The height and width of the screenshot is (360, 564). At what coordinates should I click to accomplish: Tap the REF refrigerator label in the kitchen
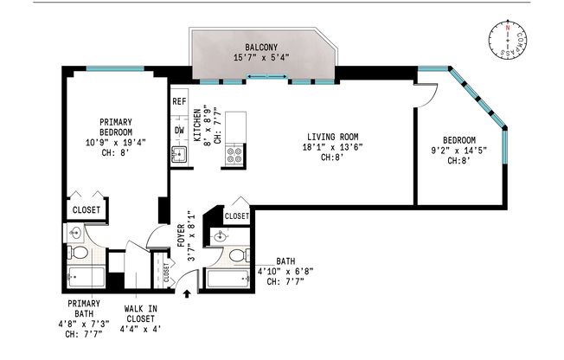click(179, 101)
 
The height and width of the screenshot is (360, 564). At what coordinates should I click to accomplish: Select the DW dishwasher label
click(179, 131)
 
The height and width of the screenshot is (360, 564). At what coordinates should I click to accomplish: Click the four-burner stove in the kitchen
click(234, 156)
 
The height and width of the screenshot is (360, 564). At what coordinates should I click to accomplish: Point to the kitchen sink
click(179, 156)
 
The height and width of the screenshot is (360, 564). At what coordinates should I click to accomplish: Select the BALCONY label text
click(261, 47)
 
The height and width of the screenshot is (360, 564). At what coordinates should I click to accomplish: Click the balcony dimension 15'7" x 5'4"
click(261, 58)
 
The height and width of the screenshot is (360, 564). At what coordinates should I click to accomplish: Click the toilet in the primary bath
click(78, 254)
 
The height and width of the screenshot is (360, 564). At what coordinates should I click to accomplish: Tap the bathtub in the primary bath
click(87, 279)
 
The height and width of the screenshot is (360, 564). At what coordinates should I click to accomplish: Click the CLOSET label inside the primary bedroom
click(87, 209)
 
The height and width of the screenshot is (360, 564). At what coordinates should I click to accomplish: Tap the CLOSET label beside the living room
click(237, 215)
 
